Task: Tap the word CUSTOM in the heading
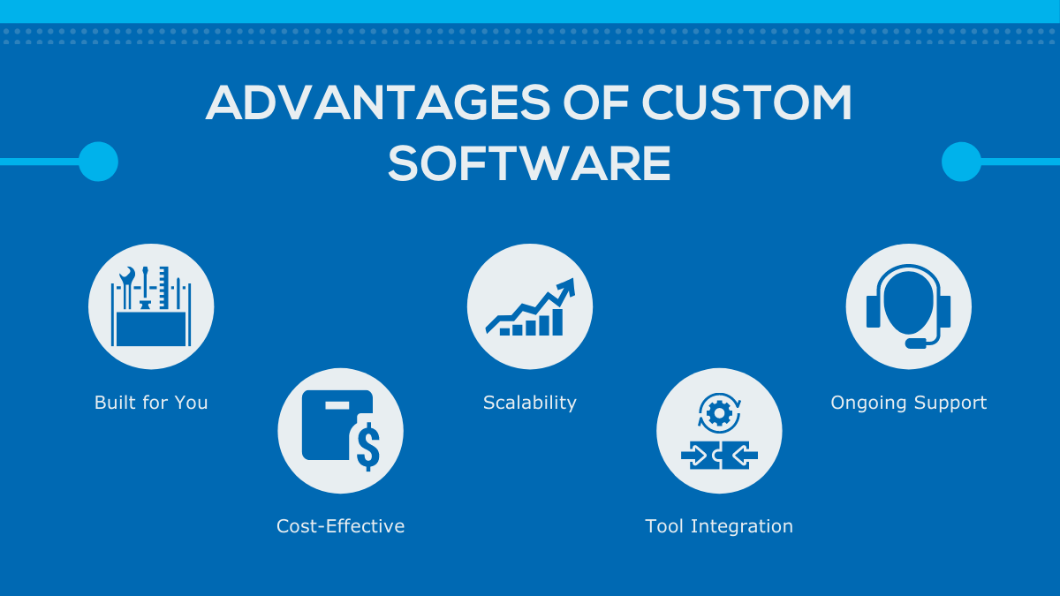tap(746, 104)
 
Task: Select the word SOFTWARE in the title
tap(529, 163)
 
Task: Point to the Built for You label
tap(151, 403)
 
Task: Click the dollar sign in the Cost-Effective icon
tap(367, 447)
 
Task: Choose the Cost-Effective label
tap(340, 526)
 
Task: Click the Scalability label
tap(529, 403)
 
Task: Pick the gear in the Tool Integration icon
tap(719, 412)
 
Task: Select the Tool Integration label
tap(719, 526)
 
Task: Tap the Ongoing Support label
tap(908, 403)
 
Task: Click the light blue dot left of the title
tap(98, 162)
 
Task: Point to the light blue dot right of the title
tap(961, 162)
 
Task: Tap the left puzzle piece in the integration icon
tap(699, 455)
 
